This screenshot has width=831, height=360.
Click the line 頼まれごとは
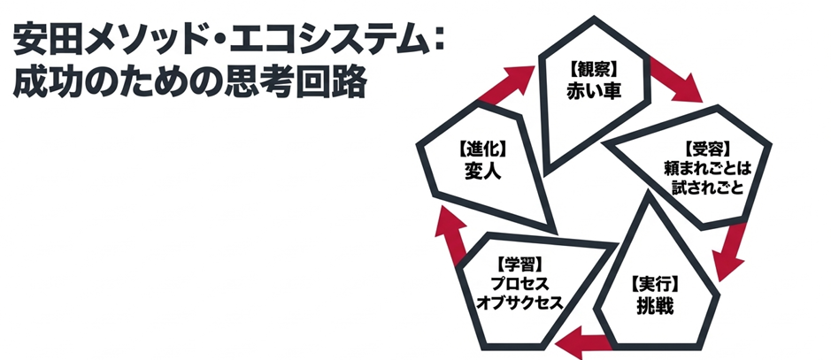pyautogui.click(x=711, y=167)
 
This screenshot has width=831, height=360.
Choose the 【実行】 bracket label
pyautogui.click(x=655, y=285)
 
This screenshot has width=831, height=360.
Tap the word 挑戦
pyautogui.click(x=655, y=307)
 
